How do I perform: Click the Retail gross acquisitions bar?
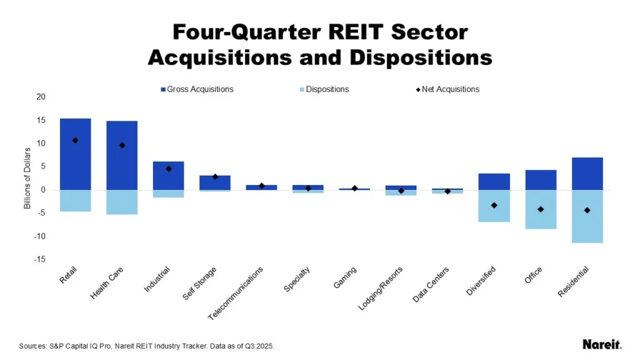[x=75, y=154]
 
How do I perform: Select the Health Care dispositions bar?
[x=122, y=202]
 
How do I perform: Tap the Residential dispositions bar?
[x=587, y=216]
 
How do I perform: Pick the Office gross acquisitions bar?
[x=541, y=180]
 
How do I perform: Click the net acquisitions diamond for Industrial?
[x=168, y=169]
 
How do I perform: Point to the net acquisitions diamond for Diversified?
[x=494, y=205]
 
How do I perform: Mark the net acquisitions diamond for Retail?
[x=75, y=140]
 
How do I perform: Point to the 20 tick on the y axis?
[x=41, y=97]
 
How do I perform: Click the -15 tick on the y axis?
[x=40, y=259]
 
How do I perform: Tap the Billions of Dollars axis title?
[x=27, y=178]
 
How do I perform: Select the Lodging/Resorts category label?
[x=381, y=289]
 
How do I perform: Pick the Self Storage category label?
[x=199, y=283]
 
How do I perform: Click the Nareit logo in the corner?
[x=602, y=344]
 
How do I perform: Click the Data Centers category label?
[x=430, y=286]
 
